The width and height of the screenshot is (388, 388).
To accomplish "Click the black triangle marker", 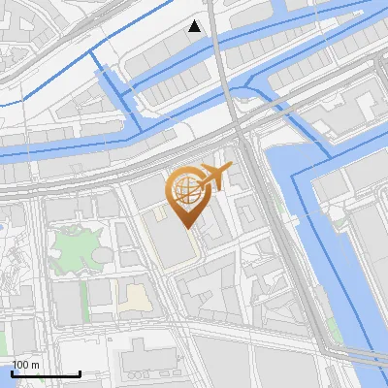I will tap(195, 26).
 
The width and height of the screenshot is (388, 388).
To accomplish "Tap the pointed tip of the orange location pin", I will tap(187, 227).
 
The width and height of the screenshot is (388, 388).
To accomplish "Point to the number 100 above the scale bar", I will tap(21, 365).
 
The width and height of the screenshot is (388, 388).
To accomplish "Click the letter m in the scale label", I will tap(35, 365).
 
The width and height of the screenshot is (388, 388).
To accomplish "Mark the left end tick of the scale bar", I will tap(12, 373).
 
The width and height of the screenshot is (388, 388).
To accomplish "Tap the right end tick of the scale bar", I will tap(80, 373).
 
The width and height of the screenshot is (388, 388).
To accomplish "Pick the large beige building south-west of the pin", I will tap(138, 298).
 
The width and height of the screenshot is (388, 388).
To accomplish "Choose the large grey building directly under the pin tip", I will tap(177, 244).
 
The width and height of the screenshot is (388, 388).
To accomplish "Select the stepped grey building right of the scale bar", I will tap(145, 361).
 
